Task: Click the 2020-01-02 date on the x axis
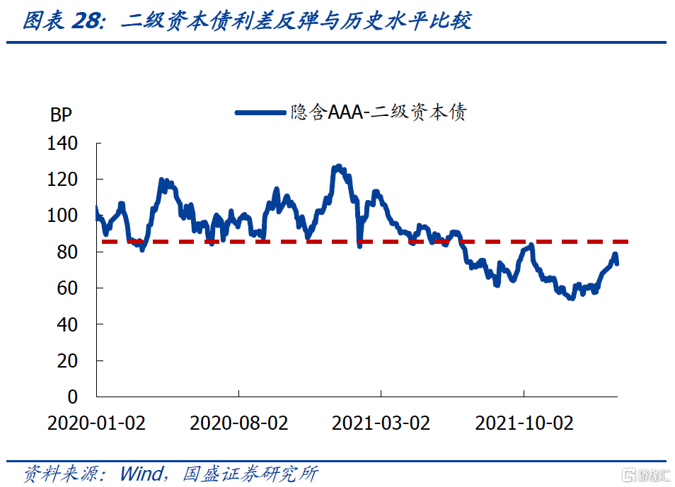96,423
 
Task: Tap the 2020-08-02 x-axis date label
239,423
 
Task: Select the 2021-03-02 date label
381,423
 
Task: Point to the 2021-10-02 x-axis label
524,423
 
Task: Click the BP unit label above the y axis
61,115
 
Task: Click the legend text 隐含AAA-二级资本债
379,112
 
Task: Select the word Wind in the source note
141,473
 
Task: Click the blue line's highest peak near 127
338,168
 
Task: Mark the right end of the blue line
617,263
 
